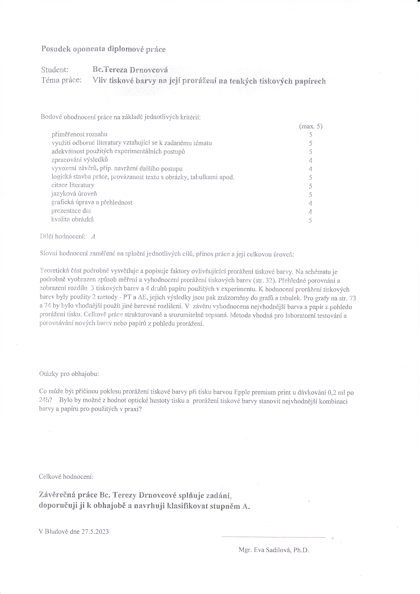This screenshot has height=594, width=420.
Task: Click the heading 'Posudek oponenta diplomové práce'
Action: click(103, 49)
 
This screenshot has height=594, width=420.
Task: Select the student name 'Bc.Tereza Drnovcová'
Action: click(130, 70)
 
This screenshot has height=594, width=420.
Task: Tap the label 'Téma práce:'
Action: click(61, 80)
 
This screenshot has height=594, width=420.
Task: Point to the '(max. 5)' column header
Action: click(311, 126)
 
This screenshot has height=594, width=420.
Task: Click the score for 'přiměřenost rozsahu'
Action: click(311, 134)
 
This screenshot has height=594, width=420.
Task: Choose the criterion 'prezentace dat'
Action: click(71, 211)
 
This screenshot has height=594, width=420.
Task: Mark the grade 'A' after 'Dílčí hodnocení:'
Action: click(93, 236)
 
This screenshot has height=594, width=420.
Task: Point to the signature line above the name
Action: click(274, 537)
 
